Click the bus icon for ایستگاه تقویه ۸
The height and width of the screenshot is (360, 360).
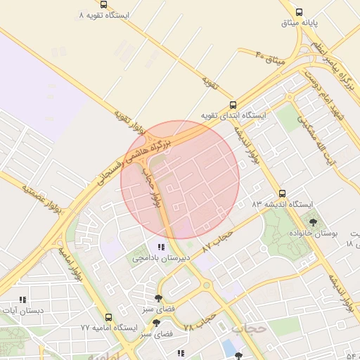click(x=104, y=4)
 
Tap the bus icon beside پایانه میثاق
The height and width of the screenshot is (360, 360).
click(x=300, y=12)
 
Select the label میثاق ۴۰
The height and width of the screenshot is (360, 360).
click(x=270, y=58)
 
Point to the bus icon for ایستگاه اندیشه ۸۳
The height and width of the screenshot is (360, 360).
click(x=282, y=193)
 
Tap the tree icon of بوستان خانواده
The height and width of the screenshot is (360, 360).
click(x=313, y=221)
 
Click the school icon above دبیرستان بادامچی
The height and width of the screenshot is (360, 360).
click(x=161, y=247)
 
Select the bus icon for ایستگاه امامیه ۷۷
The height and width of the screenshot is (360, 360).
click(x=108, y=317)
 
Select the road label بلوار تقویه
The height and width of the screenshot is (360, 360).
click(x=130, y=122)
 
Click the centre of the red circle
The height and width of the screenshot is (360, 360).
click(x=180, y=179)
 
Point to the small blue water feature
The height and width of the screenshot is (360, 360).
click(x=229, y=347)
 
